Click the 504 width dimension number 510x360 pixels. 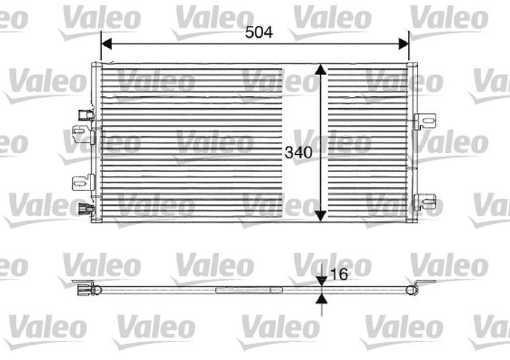(259, 32)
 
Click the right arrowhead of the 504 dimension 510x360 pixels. (403, 43)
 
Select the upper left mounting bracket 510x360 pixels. (81, 134)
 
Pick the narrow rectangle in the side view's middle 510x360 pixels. (249, 290)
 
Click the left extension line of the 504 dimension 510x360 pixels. (101, 48)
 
